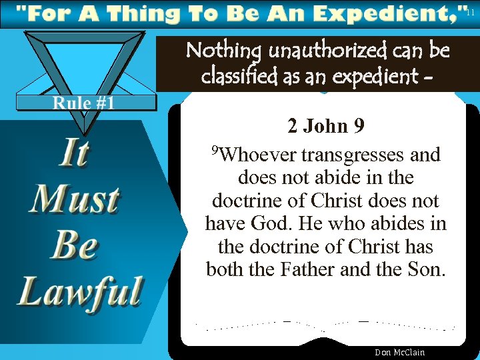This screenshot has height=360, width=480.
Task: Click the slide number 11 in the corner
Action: click(471, 12)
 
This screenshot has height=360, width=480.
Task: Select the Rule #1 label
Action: click(85, 103)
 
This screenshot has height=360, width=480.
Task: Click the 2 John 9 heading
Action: click(325, 125)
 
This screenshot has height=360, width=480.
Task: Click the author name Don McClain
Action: click(399, 352)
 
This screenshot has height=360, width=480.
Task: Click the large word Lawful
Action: click(80, 291)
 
